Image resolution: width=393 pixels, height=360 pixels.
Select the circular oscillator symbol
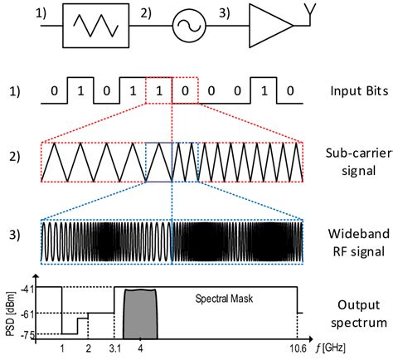(x=187, y=26)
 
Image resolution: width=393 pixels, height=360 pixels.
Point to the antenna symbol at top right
(x=308, y=12)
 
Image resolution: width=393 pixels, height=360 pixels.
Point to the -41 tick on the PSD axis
(x=29, y=287)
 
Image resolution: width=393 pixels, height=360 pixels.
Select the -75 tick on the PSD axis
(x=29, y=333)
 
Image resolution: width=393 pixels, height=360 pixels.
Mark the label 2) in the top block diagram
(x=147, y=14)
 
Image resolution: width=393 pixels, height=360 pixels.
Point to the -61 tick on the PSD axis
(x=29, y=313)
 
